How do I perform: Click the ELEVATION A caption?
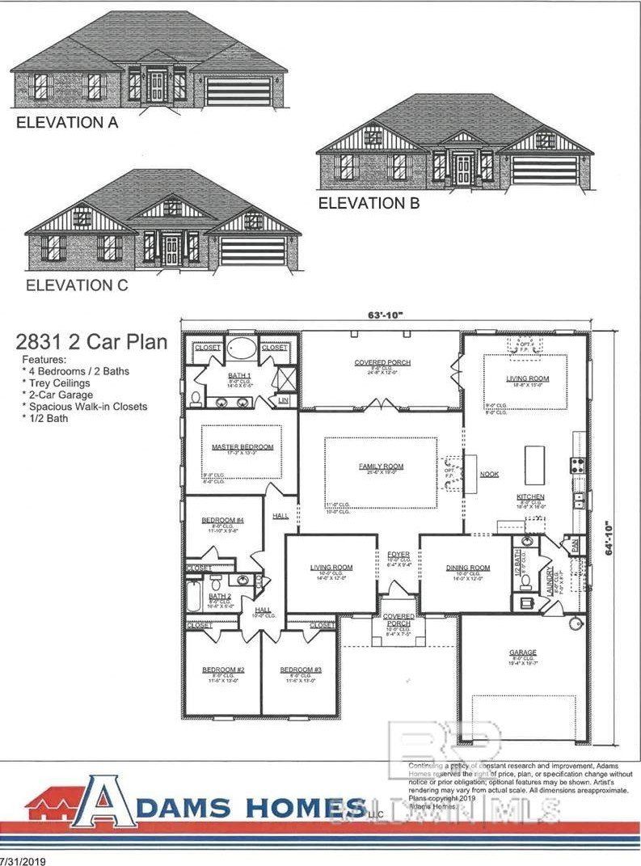(67, 123)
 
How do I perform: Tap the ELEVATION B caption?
(369, 204)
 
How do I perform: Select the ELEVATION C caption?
(77, 285)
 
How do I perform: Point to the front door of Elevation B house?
(463, 169)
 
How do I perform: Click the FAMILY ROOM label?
(381, 467)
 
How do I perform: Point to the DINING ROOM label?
(468, 568)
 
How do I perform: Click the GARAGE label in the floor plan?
(522, 653)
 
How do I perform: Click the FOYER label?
(399, 555)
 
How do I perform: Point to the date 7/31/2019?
(23, 860)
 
